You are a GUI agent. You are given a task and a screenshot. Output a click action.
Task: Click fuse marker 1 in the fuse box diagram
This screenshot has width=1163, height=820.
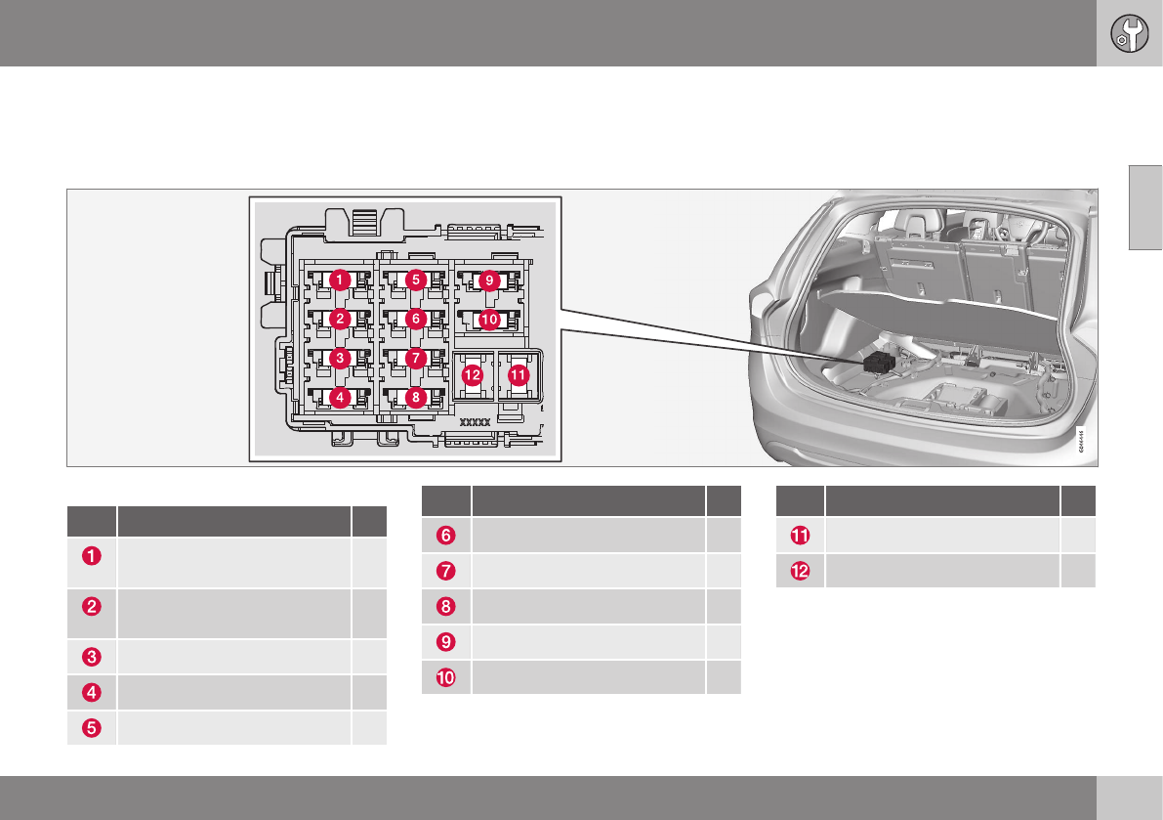coord(339,280)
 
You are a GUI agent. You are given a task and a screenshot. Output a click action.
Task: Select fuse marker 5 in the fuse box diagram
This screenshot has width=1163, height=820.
coord(415,280)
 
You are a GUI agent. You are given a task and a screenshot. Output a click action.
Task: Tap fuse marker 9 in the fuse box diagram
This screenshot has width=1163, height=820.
coord(488,281)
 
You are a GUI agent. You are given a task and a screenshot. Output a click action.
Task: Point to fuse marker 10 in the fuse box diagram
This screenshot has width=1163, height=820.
coord(488,320)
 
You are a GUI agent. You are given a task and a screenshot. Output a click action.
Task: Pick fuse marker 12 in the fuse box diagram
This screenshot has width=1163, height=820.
coord(473,374)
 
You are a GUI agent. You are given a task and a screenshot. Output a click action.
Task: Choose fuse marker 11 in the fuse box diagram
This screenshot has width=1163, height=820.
coord(519,374)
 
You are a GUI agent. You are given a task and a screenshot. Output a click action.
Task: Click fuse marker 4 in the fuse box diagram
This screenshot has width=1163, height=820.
coord(339,398)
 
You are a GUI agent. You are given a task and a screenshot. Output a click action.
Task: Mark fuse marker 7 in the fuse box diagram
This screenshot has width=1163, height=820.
coord(415,358)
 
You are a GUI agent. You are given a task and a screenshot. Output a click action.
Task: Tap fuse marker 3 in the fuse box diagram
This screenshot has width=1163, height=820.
coord(339,358)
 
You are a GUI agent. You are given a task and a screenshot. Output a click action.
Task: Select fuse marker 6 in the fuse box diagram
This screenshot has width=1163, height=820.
coord(415,319)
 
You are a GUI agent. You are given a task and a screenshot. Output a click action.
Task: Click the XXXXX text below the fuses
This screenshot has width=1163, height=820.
coord(474,423)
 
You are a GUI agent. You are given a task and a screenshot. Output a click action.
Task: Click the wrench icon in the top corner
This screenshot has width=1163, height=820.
coord(1129,33)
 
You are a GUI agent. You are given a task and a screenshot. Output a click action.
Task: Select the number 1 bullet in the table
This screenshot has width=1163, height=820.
coord(91,557)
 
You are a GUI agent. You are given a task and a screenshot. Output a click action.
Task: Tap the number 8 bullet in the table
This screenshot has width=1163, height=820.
coord(446,606)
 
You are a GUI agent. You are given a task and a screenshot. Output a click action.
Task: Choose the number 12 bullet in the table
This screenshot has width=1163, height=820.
coord(800,571)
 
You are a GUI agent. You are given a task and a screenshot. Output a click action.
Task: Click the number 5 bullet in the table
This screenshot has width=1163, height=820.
coord(91,727)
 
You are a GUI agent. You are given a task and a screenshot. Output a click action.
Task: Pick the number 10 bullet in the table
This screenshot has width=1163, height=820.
coord(446,676)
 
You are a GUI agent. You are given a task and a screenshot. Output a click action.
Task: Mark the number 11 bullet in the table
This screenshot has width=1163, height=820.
coord(800,536)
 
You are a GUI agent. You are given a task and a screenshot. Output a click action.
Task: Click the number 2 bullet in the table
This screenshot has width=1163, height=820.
coord(91,606)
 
